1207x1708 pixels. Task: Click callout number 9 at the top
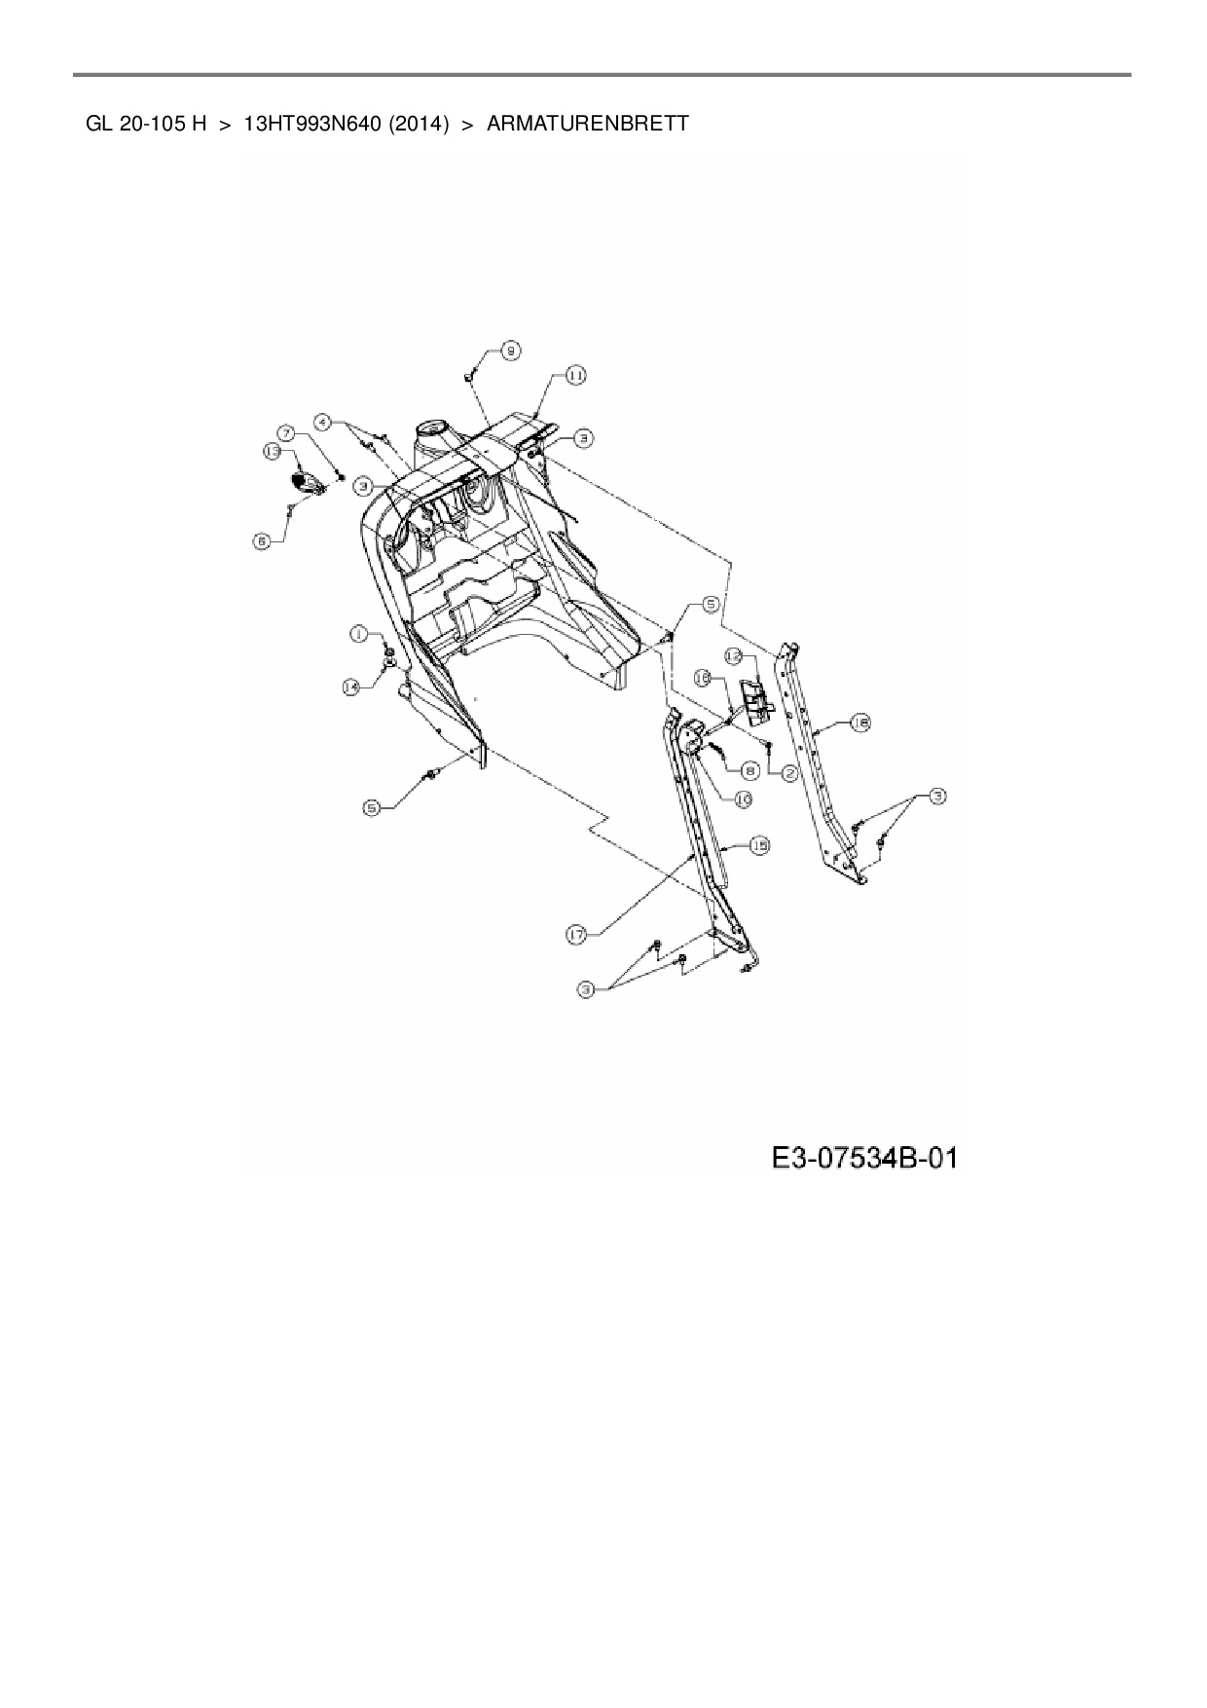pos(511,351)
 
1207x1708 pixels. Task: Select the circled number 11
pos(575,376)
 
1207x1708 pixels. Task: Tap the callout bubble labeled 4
pos(322,423)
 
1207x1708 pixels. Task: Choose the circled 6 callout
pos(262,541)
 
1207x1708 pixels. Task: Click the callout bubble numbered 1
pos(359,634)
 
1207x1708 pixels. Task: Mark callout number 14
pos(351,687)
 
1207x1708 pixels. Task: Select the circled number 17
pos(577,935)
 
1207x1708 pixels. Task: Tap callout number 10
pos(742,798)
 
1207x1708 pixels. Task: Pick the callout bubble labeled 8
pos(750,769)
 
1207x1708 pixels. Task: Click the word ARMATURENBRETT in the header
pos(587,124)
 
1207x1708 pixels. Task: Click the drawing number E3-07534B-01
pos(864,1158)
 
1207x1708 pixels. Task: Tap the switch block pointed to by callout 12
pos(753,699)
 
